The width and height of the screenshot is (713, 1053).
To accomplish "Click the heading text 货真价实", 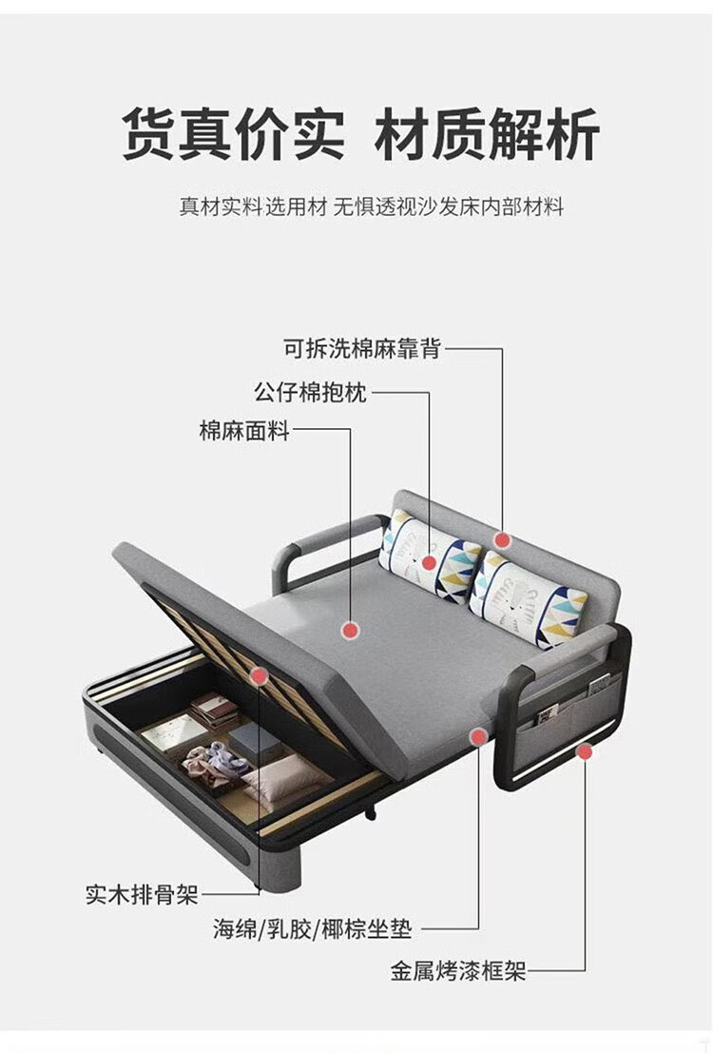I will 233,134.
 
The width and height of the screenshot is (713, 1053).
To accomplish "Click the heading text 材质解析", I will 487,134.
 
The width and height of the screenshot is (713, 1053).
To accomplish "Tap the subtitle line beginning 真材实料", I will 372,206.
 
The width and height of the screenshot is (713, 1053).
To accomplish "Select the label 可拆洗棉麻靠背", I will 362,348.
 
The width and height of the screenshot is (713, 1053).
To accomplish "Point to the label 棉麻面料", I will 243,430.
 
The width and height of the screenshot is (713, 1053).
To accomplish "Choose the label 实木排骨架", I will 142,894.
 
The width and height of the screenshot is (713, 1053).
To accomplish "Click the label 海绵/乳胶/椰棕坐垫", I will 313,929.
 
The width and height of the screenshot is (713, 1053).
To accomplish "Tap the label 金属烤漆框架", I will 457,971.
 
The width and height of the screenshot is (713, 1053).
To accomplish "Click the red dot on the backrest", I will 503,540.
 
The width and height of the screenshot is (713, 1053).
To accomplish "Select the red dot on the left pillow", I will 429,563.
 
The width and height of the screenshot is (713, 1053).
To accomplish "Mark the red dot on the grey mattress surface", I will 350,629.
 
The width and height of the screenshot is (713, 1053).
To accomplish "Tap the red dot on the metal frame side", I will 585,751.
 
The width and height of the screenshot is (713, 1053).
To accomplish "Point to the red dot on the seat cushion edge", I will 477,735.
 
